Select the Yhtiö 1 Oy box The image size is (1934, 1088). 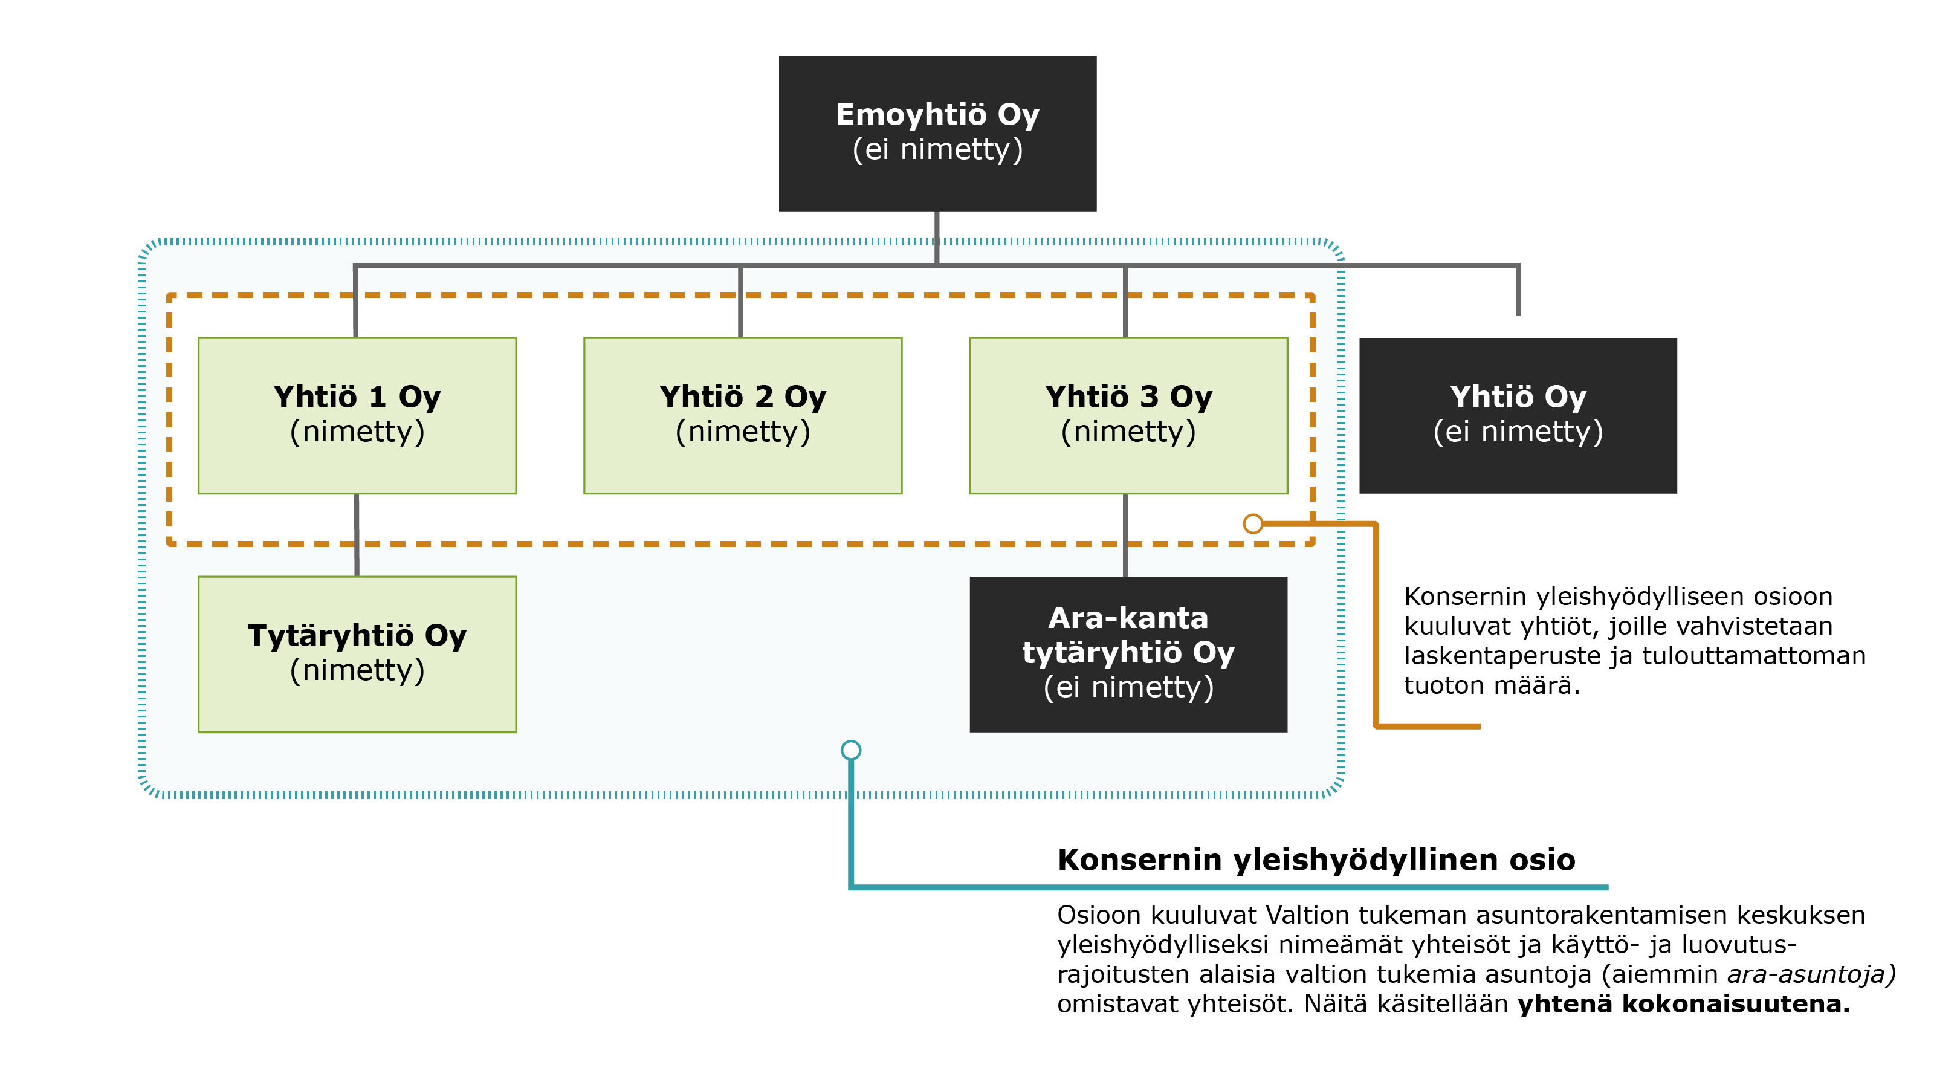point(357,415)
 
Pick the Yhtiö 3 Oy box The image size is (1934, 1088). point(1128,415)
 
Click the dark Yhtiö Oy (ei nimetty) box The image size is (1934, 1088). point(1518,415)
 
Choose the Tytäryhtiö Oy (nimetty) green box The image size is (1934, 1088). point(357,653)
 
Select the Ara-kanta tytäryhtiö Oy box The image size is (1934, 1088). point(1128,653)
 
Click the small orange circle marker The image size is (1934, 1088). point(1252,523)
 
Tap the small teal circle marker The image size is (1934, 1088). point(850,750)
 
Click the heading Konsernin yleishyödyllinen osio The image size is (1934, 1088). point(1315,859)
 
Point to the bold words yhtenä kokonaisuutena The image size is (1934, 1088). point(1683,1003)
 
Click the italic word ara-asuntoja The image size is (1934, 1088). point(1810,974)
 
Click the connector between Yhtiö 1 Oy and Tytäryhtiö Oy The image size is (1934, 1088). point(357,534)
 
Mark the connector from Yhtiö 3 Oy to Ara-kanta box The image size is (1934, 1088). point(1125,534)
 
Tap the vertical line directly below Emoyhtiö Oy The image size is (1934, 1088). point(937,236)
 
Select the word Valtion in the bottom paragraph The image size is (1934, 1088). point(1307,915)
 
